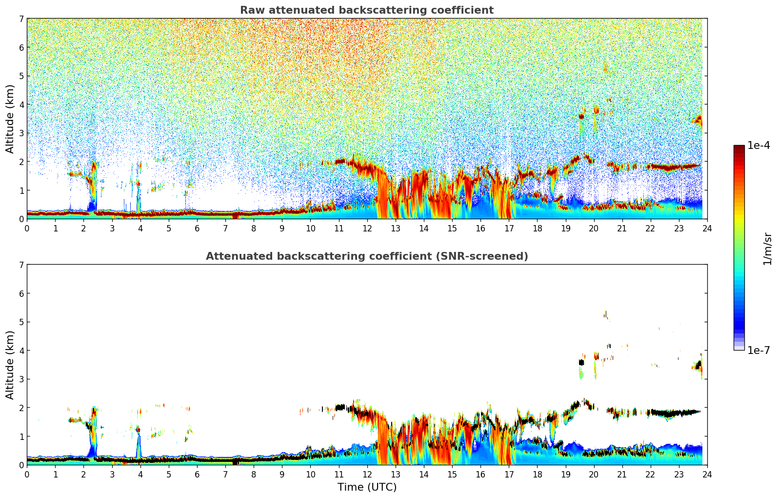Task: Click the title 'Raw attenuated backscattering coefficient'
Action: point(366,10)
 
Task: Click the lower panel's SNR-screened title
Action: point(366,256)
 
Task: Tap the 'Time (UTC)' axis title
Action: point(367,487)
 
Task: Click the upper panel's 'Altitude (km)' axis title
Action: point(10,119)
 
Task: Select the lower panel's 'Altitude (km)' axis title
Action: point(10,365)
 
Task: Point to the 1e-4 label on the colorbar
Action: point(758,145)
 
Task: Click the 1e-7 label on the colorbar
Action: point(758,350)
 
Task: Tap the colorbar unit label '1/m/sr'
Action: point(767,248)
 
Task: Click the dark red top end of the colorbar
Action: point(739,147)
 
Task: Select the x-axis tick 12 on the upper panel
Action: point(367,228)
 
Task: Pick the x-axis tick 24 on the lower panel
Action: point(707,474)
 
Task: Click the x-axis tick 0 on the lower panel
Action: point(27,474)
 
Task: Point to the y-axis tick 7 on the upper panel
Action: point(21,19)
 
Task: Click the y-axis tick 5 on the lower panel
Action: point(21,322)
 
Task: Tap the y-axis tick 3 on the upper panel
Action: point(21,133)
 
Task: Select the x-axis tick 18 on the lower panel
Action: point(537,474)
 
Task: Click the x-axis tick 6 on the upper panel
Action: point(197,228)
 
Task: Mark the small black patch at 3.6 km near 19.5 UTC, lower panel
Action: point(581,362)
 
